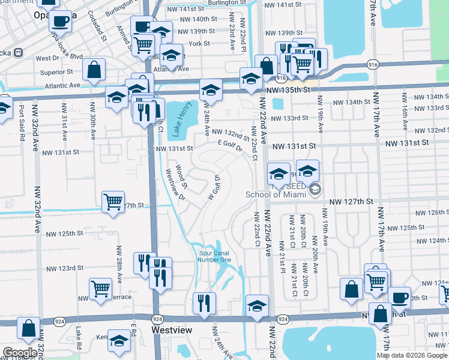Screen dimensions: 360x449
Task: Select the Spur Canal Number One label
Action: (x=215, y=256)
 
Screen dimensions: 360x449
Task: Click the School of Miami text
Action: (x=276, y=193)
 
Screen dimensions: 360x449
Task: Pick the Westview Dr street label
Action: (x=175, y=183)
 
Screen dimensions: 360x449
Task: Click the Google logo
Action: (x=20, y=352)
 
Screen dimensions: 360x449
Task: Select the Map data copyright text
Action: (x=412, y=355)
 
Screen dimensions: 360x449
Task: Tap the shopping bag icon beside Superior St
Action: (x=94, y=70)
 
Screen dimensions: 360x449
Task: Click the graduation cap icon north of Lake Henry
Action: (x=211, y=90)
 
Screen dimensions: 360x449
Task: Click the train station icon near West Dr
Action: (x=19, y=52)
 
